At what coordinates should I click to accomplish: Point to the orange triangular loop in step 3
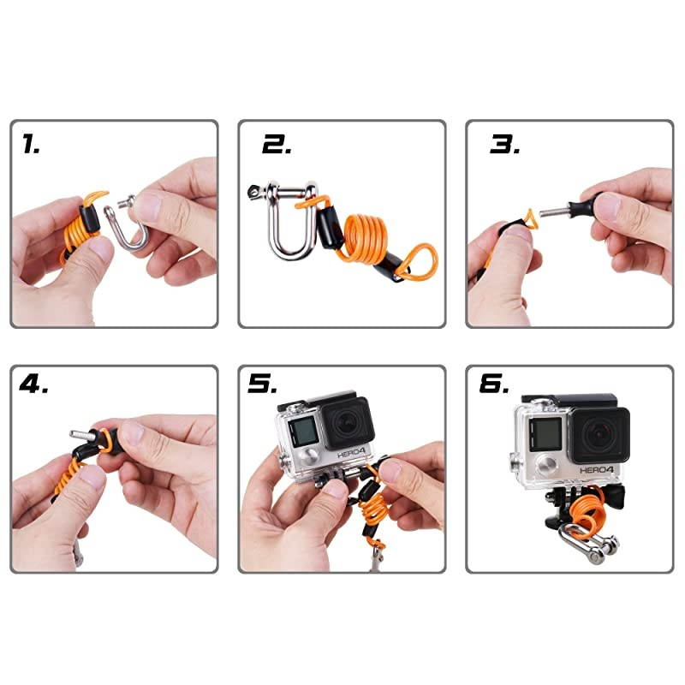pos(527,222)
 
